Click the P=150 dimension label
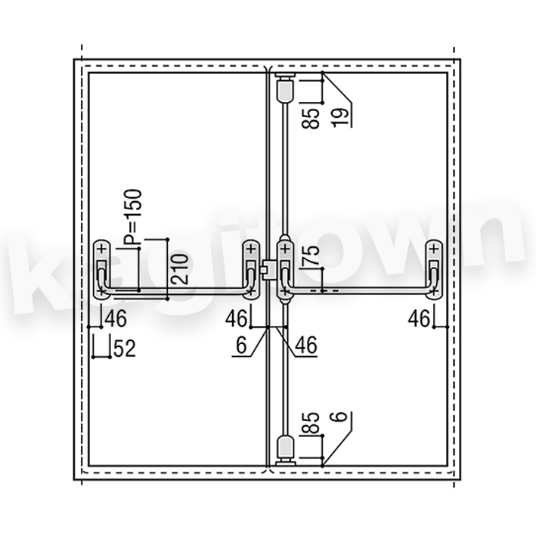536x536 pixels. point(132,217)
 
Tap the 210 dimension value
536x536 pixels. point(180,269)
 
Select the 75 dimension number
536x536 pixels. point(311,256)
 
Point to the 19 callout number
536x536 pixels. point(340,118)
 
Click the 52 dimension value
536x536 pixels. point(125,349)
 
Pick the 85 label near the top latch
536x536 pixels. point(311,118)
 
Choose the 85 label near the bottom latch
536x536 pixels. point(311,423)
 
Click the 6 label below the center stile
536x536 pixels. point(241,345)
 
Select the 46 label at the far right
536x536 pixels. point(419,319)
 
